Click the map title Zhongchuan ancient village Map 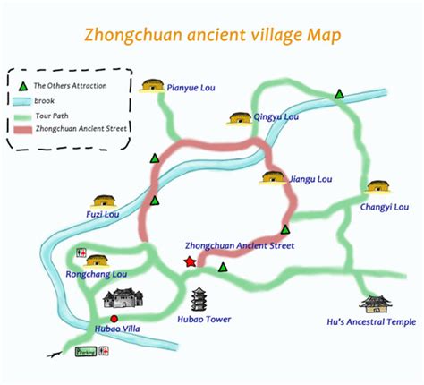point(213,36)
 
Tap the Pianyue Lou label point(193,88)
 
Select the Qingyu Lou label point(276,116)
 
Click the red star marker point(190,261)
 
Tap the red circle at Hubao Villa point(113,319)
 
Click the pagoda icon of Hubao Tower point(199,298)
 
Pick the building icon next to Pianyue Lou point(153,85)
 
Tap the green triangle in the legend point(24,86)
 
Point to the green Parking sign point(86,352)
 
